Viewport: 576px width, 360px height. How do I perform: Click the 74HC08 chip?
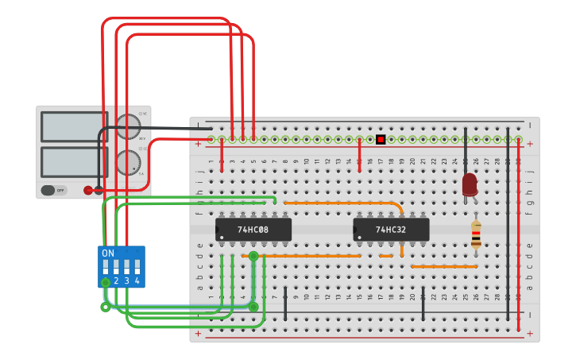tap(253, 230)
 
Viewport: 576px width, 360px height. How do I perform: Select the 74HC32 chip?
tap(391, 230)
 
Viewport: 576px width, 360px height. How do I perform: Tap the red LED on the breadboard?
tap(470, 184)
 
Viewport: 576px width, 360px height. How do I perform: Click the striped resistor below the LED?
tap(476, 235)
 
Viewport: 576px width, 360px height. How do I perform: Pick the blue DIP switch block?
tap(121, 266)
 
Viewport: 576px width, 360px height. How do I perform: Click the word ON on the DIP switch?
tap(108, 253)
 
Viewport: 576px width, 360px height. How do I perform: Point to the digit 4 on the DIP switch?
tap(137, 281)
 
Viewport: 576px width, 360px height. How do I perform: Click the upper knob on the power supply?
tap(127, 126)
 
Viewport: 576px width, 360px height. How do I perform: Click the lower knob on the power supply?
tap(127, 162)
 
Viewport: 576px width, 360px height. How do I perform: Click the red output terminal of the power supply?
tap(88, 190)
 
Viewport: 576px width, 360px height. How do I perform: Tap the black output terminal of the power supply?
tap(99, 190)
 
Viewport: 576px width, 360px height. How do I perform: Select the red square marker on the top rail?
tap(381, 140)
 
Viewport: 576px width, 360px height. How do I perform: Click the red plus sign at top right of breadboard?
tap(530, 144)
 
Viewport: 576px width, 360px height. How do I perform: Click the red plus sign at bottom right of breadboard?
tap(530, 335)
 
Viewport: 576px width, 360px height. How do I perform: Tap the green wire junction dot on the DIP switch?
tap(106, 282)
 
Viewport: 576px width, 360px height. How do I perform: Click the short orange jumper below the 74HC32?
tap(386, 256)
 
